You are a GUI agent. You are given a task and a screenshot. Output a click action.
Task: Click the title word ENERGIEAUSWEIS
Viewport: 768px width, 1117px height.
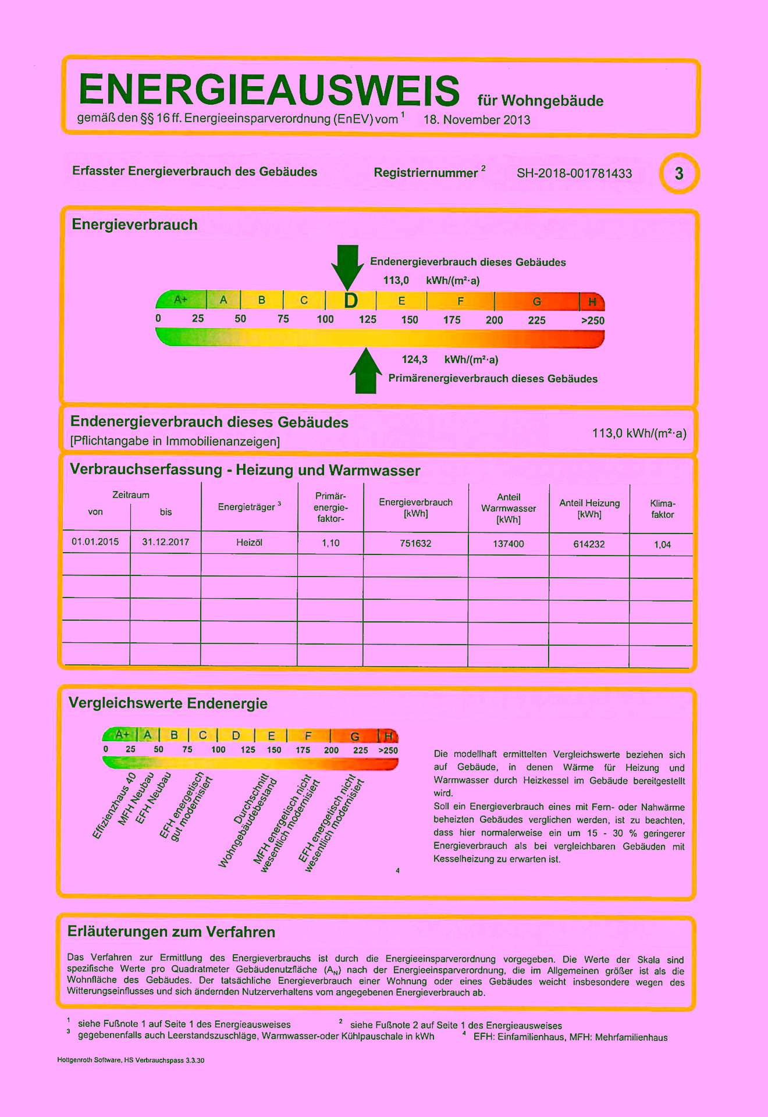269,90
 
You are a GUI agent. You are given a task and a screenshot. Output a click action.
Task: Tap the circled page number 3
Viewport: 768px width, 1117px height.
679,173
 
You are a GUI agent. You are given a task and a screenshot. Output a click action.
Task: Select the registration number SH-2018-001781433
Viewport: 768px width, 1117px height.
574,173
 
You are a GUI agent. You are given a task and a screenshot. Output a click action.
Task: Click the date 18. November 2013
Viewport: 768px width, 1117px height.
477,120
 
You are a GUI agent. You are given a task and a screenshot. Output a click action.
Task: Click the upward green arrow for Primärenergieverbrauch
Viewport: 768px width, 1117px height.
366,372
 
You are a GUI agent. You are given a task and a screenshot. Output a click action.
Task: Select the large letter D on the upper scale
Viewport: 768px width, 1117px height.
350,301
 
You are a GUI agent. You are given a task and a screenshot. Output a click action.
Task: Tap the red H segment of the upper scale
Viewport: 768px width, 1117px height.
592,301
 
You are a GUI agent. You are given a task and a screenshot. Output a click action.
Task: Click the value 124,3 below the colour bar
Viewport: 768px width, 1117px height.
414,360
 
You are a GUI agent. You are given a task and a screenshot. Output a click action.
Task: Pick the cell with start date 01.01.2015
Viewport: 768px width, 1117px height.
95,542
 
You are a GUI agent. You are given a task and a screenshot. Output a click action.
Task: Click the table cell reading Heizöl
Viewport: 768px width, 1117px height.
249,542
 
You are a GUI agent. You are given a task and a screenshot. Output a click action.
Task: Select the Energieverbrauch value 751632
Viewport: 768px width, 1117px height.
415,543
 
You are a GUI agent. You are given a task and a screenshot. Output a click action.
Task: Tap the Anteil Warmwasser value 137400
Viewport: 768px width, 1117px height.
509,544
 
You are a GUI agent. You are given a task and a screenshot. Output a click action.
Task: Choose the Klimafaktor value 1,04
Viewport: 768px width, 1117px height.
662,545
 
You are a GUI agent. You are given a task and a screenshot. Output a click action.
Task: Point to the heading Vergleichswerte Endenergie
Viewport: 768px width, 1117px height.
168,703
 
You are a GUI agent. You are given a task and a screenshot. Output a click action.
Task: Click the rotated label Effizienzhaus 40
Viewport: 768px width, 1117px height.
114,806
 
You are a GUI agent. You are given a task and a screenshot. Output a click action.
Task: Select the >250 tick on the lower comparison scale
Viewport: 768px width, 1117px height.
388,750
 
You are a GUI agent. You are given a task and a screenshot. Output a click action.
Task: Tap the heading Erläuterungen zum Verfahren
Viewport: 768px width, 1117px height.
171,932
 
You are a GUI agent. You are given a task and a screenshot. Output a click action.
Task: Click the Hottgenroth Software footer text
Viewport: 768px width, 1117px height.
131,1061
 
